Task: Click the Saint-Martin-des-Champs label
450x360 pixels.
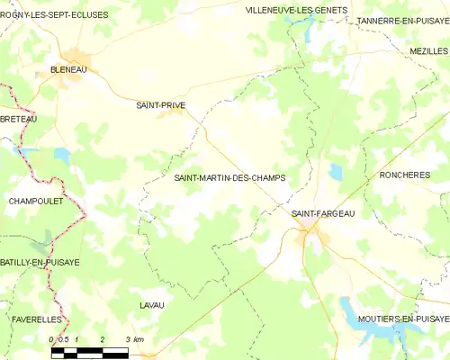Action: (x=229, y=178)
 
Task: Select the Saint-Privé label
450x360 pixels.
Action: (x=161, y=104)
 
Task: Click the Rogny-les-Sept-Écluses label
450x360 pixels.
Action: (x=55, y=15)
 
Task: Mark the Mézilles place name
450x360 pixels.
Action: (x=427, y=52)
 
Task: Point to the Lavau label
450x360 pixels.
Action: (x=152, y=306)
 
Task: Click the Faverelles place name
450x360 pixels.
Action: (x=37, y=319)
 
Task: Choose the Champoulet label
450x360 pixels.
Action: (x=35, y=201)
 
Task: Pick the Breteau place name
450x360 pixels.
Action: (x=19, y=119)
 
